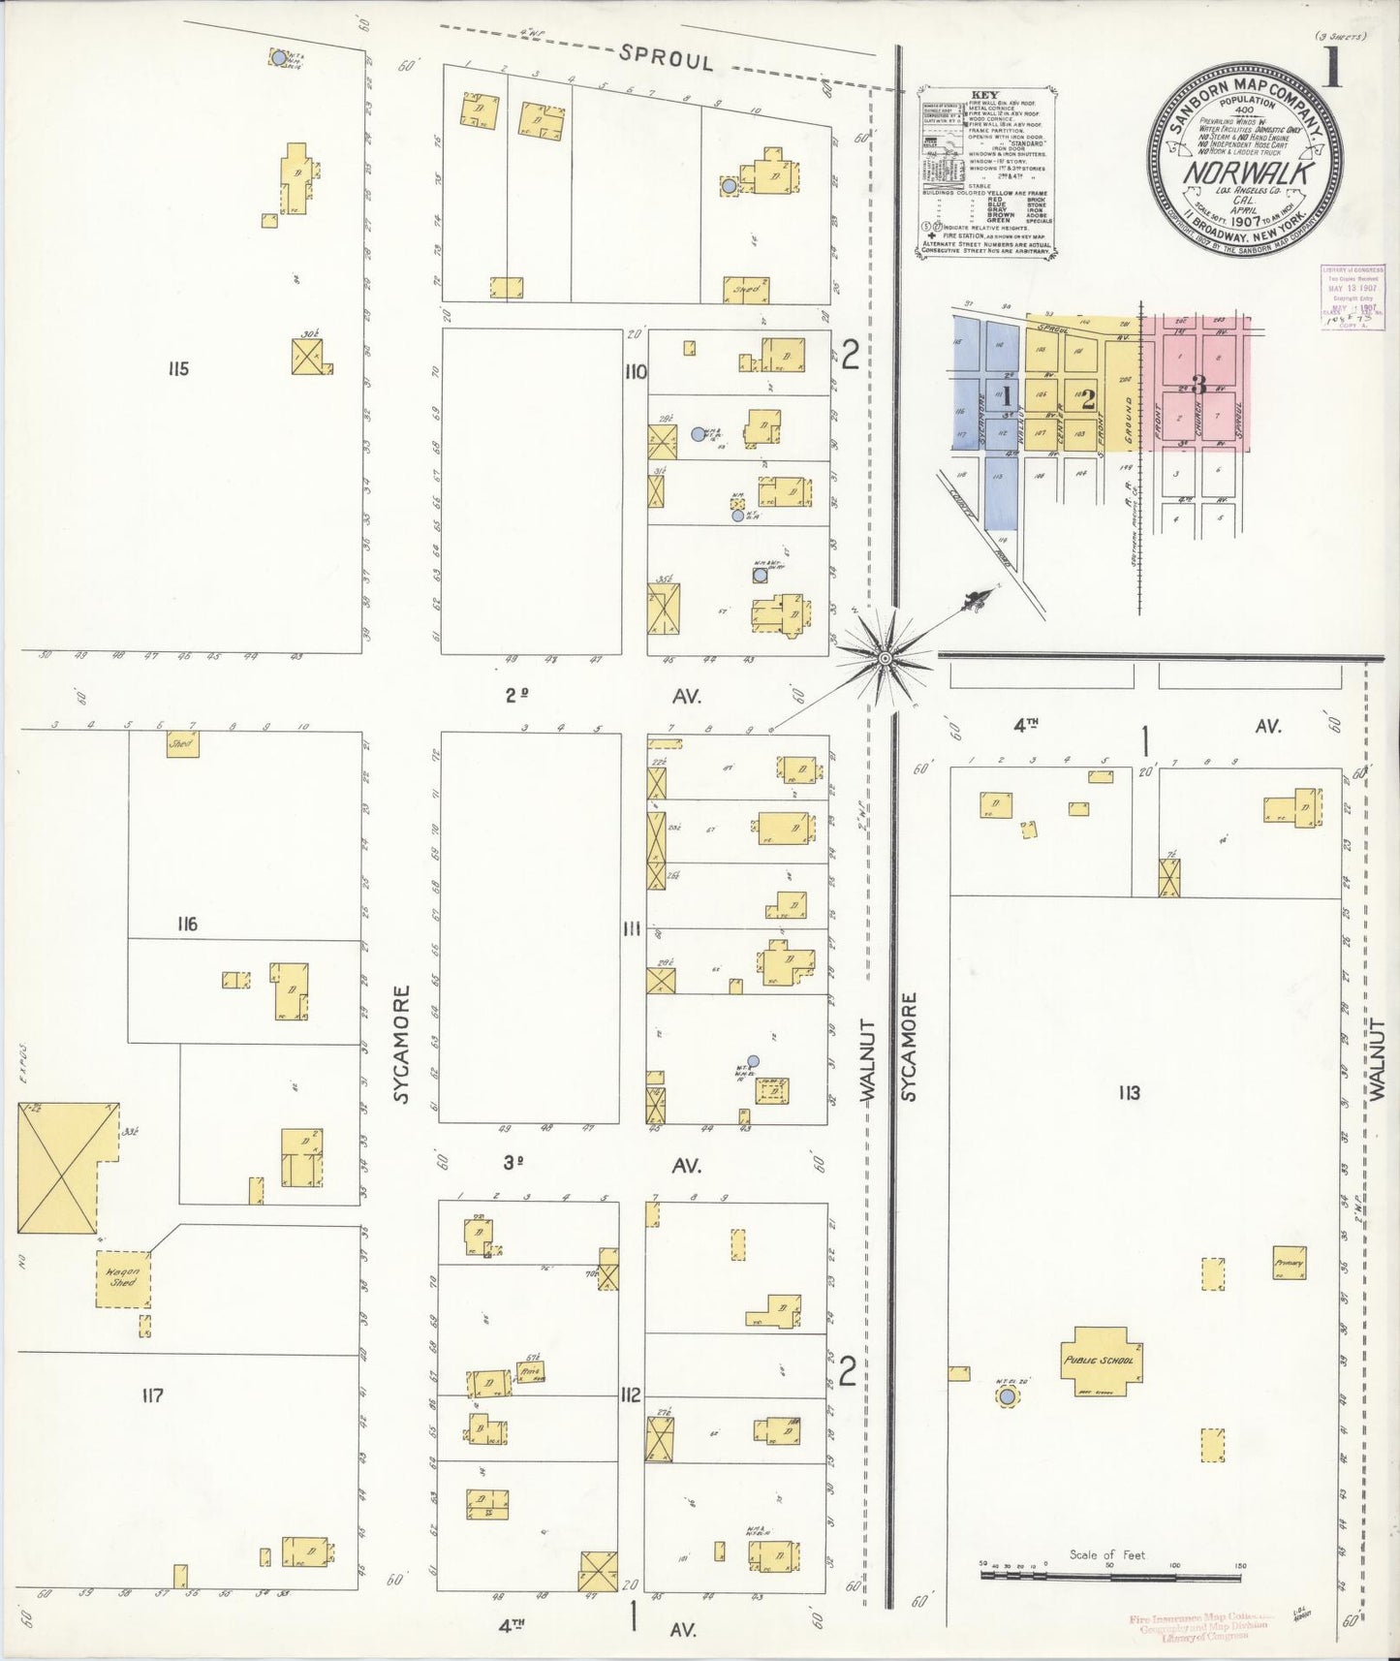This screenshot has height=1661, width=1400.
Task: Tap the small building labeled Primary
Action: (1289, 1264)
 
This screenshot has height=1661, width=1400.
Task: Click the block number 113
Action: (1128, 1093)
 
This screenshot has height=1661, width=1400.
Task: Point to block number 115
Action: (176, 368)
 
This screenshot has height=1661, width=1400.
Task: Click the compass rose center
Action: (884, 659)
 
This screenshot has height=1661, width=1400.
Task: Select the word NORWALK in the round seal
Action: (1247, 173)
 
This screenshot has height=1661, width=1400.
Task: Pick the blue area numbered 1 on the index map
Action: (1007, 394)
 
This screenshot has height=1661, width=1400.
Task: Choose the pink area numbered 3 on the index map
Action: (1198, 385)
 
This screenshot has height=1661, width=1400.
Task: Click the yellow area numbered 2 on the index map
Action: (1088, 395)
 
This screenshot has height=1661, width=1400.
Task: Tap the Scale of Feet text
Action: (1106, 1553)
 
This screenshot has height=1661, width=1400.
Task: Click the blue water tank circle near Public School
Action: (1008, 1396)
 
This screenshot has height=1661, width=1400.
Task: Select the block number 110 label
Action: (636, 370)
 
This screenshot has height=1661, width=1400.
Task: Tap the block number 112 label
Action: (631, 1395)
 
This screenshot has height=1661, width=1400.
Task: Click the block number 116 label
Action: (187, 925)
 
